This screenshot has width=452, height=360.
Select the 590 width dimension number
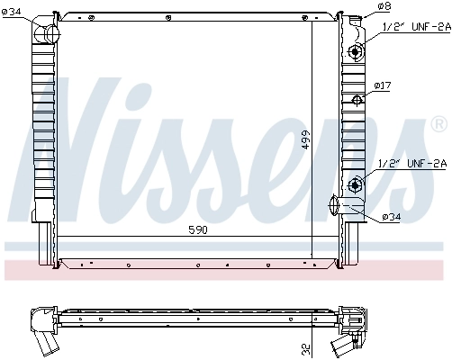coord(197,230)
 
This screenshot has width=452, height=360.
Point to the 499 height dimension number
coord(305,140)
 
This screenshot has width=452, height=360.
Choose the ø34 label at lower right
coord(392,216)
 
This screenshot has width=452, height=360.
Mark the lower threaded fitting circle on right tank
coord(355,185)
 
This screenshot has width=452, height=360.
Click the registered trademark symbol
coord(438,121)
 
